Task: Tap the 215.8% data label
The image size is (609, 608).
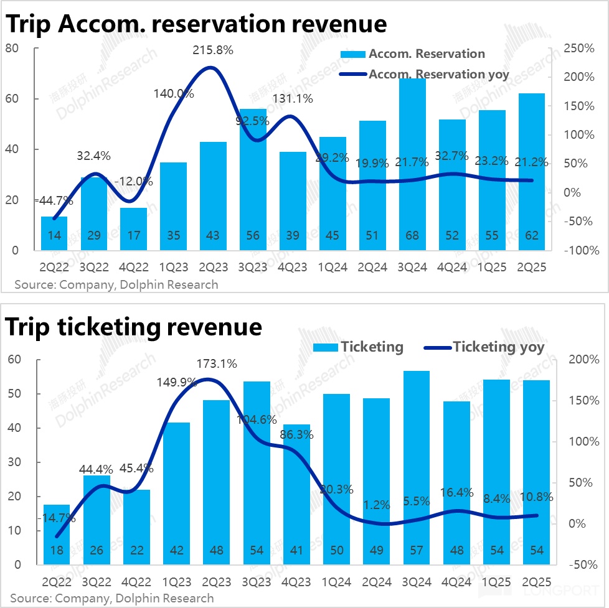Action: point(213,50)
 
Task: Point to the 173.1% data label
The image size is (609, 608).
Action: point(216,364)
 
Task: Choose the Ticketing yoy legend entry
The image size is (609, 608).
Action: point(498,347)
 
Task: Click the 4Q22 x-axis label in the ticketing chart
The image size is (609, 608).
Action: point(136,581)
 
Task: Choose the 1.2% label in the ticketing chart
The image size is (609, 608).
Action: point(376,489)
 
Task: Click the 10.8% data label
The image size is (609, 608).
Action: point(533,497)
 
